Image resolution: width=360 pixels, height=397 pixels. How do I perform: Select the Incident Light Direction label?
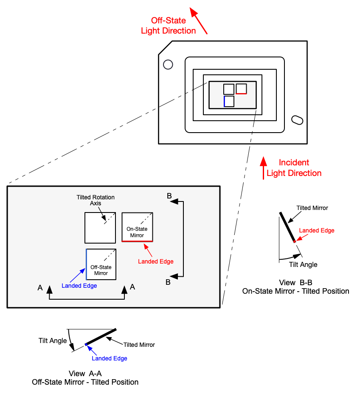coord(294,168)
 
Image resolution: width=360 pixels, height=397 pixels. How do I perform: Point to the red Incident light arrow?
coord(263,168)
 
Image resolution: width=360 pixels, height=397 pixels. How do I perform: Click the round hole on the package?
coord(168,64)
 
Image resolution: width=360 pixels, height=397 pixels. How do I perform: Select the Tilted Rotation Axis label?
coord(96,200)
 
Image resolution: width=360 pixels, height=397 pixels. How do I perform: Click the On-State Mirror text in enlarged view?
coord(137,232)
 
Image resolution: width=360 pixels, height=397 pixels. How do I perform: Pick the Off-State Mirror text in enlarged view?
coord(101,270)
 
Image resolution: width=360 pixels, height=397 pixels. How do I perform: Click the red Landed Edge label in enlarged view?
coord(155,261)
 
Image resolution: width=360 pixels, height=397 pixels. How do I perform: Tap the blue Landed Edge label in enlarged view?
coord(79,286)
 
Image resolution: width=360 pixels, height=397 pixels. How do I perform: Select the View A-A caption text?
coord(85,378)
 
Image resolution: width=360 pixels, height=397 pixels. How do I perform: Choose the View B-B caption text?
coord(295,287)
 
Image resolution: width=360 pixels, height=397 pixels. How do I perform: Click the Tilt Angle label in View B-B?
coord(303,264)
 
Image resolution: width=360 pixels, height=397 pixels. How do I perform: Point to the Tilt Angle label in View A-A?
coord(53,340)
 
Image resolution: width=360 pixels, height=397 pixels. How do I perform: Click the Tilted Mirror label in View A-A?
coord(139,345)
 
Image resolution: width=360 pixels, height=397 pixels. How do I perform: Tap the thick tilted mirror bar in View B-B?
coord(287,227)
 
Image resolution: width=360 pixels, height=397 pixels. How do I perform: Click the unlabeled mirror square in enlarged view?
coord(100,227)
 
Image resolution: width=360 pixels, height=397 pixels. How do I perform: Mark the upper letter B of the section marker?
coord(169,196)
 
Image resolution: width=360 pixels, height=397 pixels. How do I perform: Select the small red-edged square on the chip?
coord(241,89)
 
